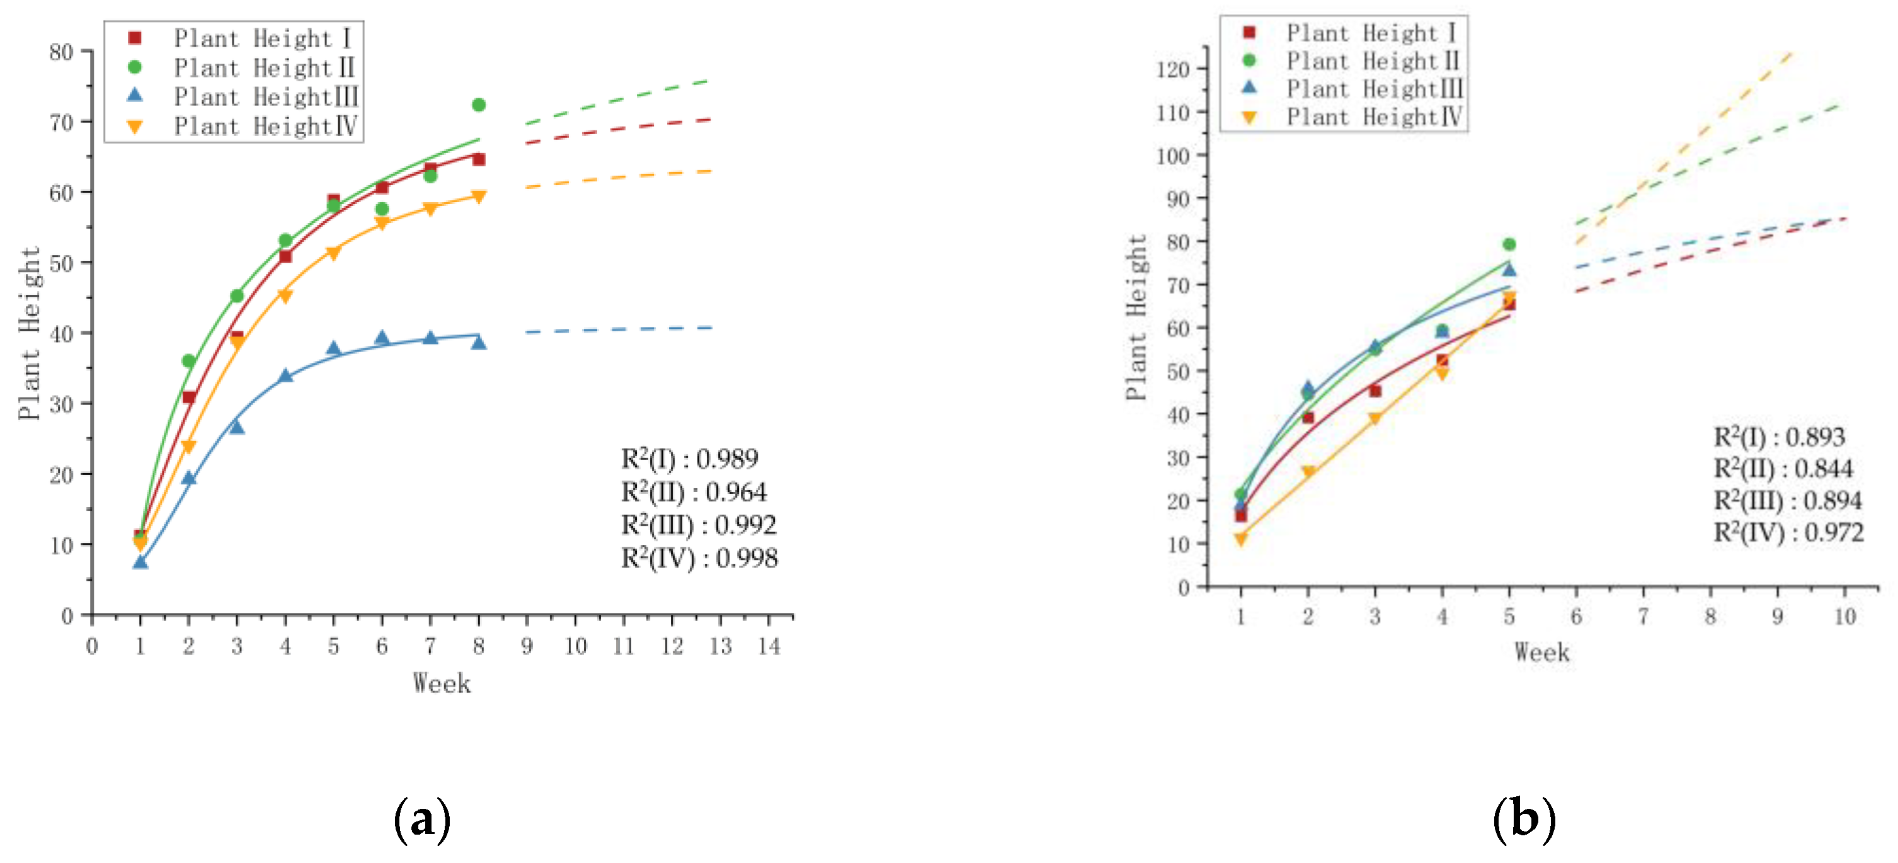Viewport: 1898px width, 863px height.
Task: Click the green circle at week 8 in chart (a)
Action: pos(478,105)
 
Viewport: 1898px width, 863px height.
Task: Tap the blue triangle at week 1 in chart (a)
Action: pos(140,563)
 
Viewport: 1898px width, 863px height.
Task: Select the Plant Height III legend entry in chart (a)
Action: pos(265,96)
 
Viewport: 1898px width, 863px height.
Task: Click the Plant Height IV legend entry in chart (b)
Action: pos(1373,117)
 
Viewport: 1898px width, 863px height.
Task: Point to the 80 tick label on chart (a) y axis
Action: pos(62,52)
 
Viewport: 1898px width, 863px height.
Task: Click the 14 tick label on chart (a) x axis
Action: pos(769,646)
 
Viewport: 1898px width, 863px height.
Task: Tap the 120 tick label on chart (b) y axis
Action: pos(1173,69)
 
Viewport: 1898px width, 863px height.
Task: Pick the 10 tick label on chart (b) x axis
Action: pos(1844,616)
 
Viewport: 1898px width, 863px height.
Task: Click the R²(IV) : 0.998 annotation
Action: pos(699,558)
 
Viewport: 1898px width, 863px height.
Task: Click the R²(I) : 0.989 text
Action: pos(689,459)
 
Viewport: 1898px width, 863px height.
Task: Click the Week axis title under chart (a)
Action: pos(442,683)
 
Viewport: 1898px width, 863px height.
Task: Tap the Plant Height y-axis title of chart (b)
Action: pos(1136,317)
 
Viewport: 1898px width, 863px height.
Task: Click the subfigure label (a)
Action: pos(422,820)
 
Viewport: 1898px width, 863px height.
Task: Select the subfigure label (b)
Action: pos(1524,820)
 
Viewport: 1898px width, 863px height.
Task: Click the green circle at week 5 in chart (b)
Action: pos(1509,244)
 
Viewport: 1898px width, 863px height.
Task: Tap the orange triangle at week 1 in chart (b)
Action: pos(1241,539)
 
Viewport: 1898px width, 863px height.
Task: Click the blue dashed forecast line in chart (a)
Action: pos(619,329)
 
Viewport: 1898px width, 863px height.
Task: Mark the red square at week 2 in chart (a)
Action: pos(188,397)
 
